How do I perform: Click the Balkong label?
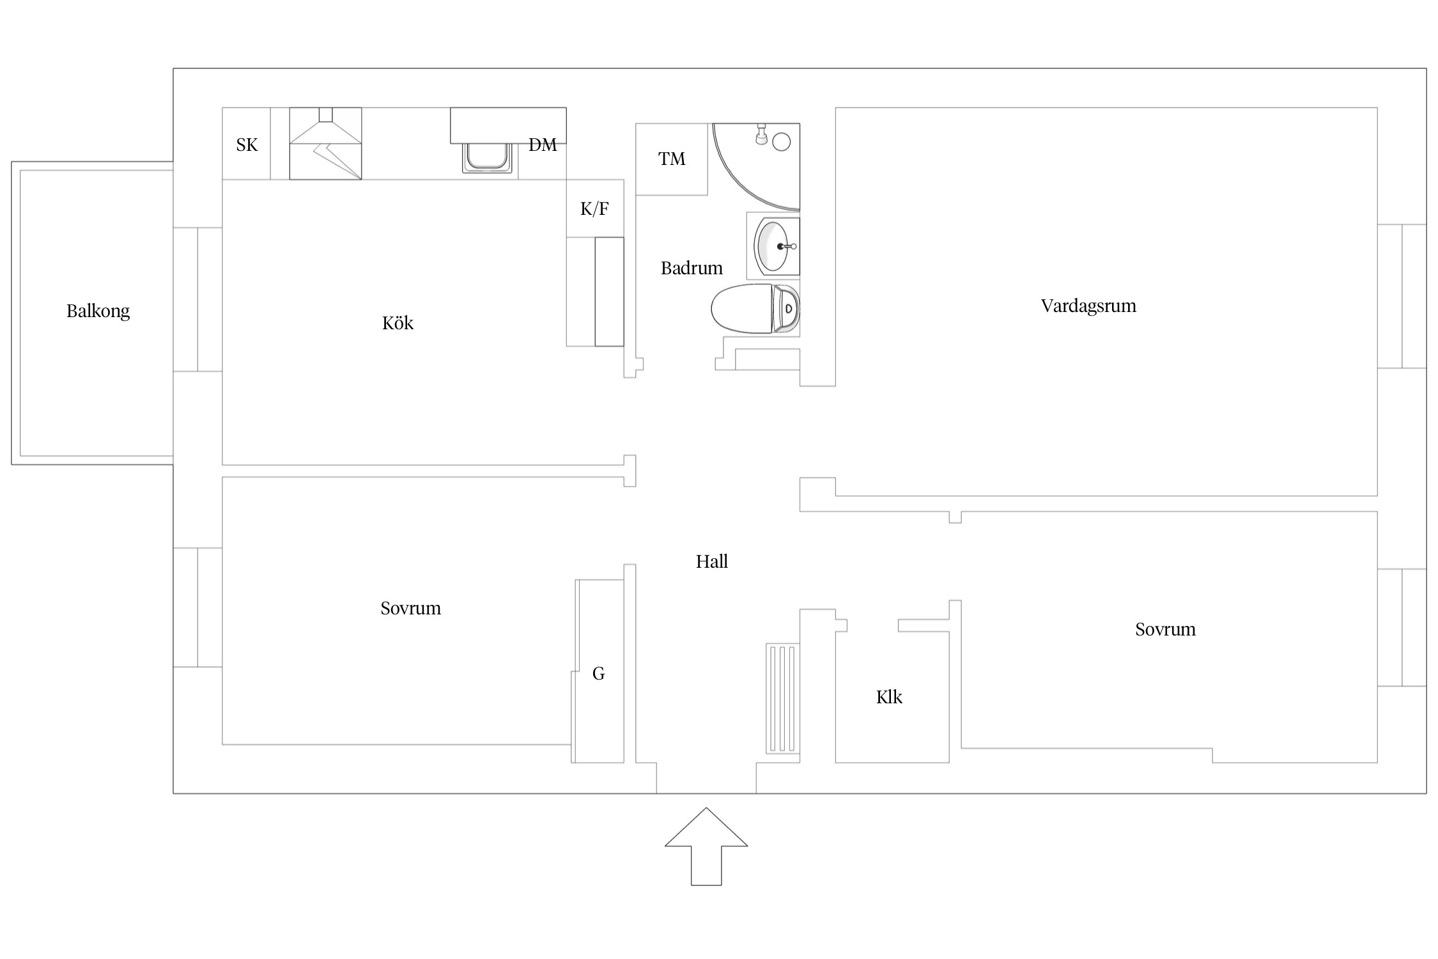(98, 311)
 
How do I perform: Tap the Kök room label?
(398, 323)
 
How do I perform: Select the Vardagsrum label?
(1088, 306)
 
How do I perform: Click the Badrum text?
(692, 268)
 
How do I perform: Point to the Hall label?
(712, 561)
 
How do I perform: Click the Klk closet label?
(889, 697)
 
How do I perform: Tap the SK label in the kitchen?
(247, 145)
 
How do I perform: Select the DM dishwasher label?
(543, 145)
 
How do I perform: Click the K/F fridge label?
(594, 208)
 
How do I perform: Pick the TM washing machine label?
(672, 159)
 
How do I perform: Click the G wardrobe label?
(598, 673)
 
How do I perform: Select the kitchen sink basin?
(488, 157)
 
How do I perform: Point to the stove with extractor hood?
(325, 144)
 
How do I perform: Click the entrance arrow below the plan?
(706, 846)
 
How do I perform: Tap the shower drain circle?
(782, 141)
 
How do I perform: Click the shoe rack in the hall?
(783, 699)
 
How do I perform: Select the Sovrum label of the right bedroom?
(1165, 629)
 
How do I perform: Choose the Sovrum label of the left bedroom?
(410, 608)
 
